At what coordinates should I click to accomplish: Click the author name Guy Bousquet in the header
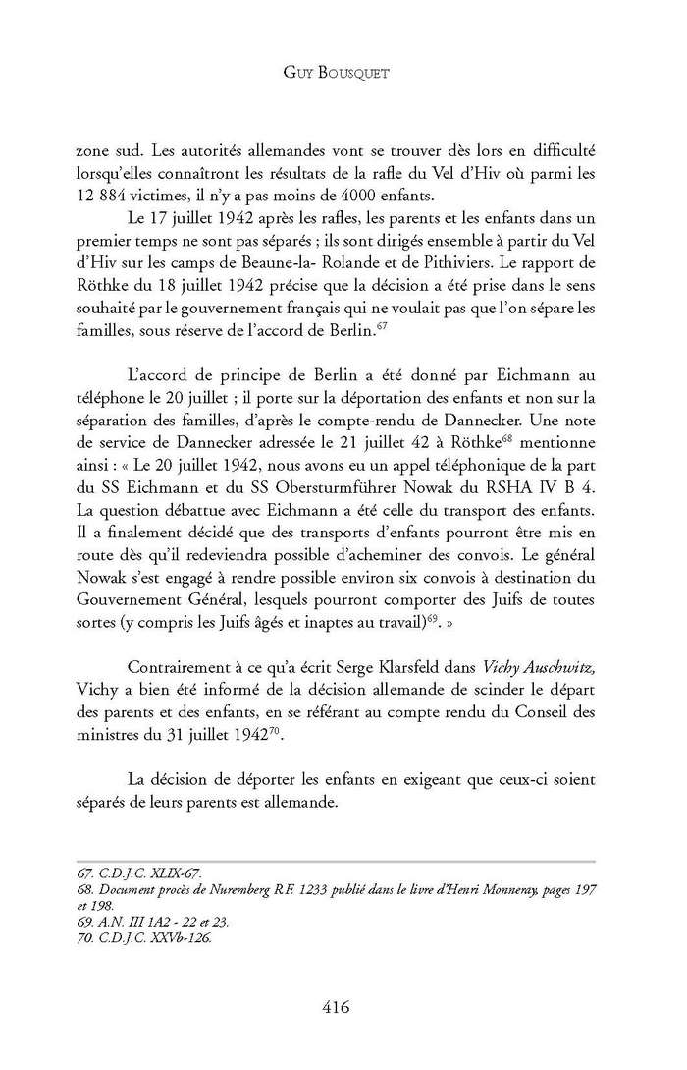(x=343, y=73)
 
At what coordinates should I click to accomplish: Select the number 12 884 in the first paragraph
(x=106, y=195)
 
